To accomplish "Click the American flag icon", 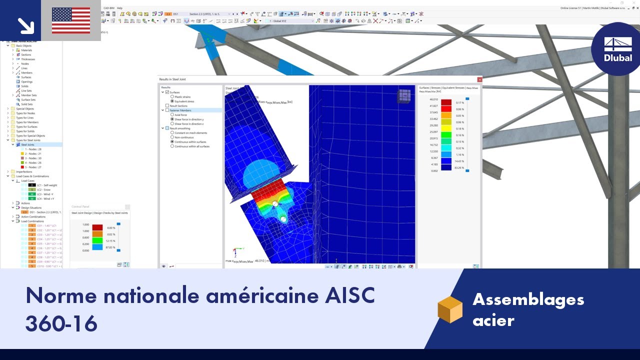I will coord(70,20).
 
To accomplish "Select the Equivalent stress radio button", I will coord(172,101).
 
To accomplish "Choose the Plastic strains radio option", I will coord(172,96).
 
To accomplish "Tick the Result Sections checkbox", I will coord(167,105).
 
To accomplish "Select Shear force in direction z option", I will coord(172,123).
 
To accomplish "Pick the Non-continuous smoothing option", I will coord(172,137).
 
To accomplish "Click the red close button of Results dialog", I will coord(479,79).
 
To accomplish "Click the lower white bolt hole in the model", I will coord(283,219).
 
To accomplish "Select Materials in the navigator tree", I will coord(26,50).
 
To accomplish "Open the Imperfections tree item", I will coord(24,171).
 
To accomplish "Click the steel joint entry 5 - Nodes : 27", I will coord(33,167).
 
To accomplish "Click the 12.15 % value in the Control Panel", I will coord(110,240).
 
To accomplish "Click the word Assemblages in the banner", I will coord(528,299).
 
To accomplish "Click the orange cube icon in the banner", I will coord(450,309).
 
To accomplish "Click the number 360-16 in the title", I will coord(61,323).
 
